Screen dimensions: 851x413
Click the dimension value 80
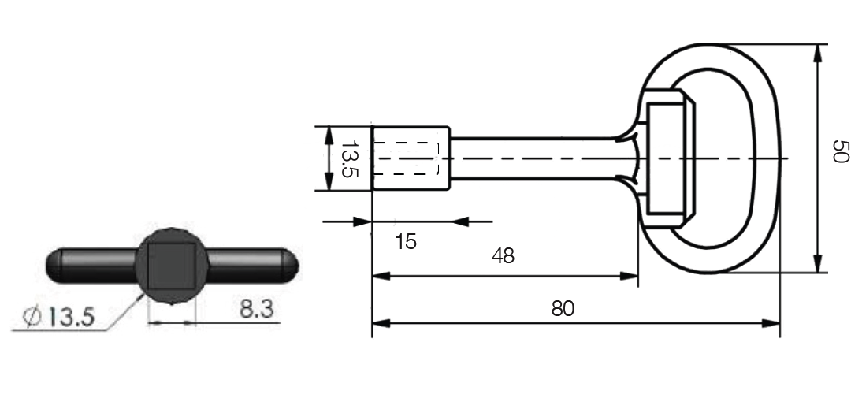click(563, 308)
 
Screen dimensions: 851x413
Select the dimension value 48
click(503, 255)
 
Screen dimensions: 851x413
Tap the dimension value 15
click(406, 241)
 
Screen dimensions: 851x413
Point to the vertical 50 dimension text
click(840, 151)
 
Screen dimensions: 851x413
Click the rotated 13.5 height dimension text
click(350, 159)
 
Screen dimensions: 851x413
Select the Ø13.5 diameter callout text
click(58, 317)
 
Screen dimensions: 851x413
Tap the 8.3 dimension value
click(257, 309)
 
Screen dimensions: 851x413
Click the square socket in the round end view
click(172, 266)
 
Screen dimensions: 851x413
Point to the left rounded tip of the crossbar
click(54, 266)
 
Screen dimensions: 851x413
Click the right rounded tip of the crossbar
click(292, 266)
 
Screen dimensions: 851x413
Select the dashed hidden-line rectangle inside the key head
click(406, 158)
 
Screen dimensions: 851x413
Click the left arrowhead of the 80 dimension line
click(381, 323)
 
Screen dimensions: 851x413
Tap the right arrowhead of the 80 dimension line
click(771, 323)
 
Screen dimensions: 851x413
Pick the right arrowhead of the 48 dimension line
click(629, 276)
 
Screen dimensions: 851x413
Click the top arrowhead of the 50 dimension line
click(819, 53)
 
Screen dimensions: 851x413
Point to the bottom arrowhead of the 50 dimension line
click(819, 264)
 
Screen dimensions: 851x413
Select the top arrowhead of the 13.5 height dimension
click(329, 135)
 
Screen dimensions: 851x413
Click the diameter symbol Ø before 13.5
click(32, 317)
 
